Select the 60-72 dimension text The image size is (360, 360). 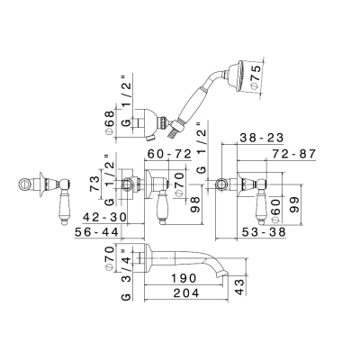(170, 154)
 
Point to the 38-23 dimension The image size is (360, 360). (262, 138)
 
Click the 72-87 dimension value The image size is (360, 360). (294, 154)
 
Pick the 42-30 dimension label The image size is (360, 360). (104, 217)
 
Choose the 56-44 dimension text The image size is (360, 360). (96, 232)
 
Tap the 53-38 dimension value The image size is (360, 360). (264, 232)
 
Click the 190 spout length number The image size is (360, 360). (184, 278)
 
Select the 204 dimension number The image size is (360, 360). (186, 293)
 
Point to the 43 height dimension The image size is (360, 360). (240, 286)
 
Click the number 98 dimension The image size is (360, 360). (195, 204)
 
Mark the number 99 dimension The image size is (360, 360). (295, 204)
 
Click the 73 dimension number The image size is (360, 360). (94, 184)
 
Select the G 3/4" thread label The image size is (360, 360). (127, 274)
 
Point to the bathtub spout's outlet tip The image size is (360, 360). (224, 273)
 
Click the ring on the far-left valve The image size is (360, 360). (25, 184)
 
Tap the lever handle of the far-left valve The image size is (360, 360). (64, 202)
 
